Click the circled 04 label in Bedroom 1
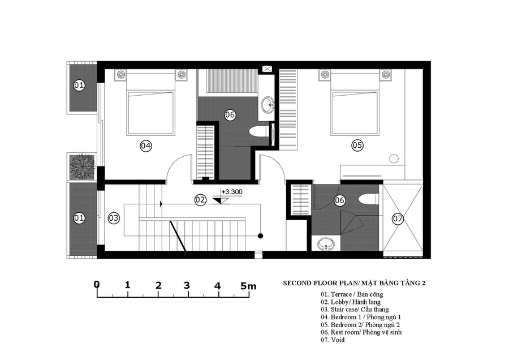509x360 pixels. point(146,146)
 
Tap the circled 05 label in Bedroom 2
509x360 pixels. point(357,145)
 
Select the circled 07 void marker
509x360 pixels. point(398,218)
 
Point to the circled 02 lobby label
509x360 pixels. point(200,199)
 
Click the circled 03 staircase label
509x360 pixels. point(114,218)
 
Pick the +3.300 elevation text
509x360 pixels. point(232,192)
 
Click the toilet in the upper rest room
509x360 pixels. point(258,131)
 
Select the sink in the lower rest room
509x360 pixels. point(326,244)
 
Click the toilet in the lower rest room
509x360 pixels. point(368,199)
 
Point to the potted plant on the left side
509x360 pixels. point(81,167)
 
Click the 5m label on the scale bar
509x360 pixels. point(248,286)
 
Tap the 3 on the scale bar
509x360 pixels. point(187,286)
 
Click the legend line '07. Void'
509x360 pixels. point(333,340)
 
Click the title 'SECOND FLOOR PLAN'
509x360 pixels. point(320,283)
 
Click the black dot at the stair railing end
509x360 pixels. point(260,236)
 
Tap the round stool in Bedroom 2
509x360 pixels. point(394,158)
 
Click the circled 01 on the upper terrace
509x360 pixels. point(79,85)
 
